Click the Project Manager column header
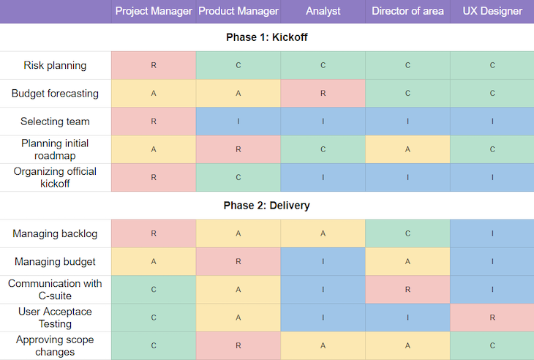pos(154,11)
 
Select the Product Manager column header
pos(238,11)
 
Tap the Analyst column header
pos(323,11)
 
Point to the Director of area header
pos(407,11)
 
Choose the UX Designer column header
pos(492,11)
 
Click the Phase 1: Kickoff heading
pos(267,37)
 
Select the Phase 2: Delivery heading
pos(267,206)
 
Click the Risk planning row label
pos(55,65)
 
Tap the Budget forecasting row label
pos(55,94)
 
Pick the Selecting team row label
pos(55,121)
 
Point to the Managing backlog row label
pos(55,234)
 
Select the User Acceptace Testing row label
pos(55,318)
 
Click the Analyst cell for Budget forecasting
pos(323,94)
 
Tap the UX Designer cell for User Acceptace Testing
pos(492,318)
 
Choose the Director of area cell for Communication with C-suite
pos(407,290)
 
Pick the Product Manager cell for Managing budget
pos(238,262)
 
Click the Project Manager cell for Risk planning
pos(154,65)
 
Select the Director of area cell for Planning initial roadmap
pos(407,149)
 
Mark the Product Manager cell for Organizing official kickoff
pos(238,177)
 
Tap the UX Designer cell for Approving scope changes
pos(492,345)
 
